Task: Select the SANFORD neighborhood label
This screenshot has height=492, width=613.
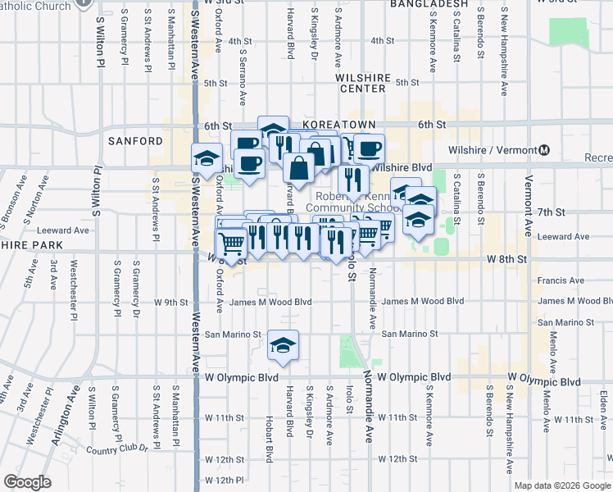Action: tap(135, 141)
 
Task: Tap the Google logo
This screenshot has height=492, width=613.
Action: tap(27, 481)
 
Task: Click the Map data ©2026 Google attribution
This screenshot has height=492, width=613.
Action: tap(563, 485)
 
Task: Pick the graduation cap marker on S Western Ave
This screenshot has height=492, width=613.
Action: tap(207, 158)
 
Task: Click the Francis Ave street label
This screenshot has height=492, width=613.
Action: tap(561, 280)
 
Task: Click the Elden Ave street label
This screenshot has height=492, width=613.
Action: tap(602, 409)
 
